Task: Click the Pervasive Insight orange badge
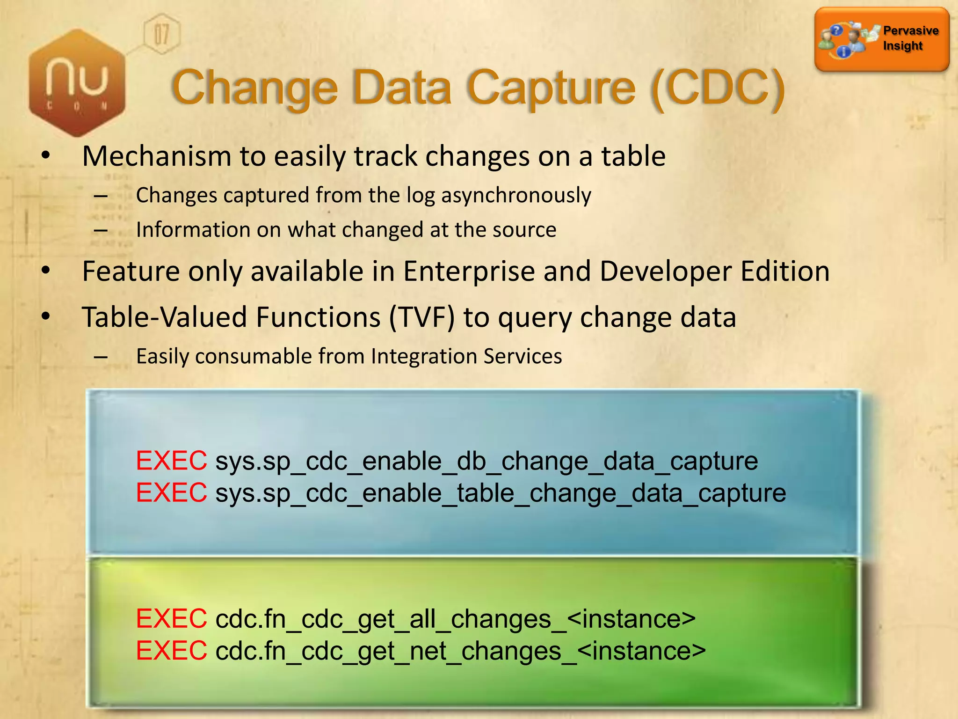click(882, 39)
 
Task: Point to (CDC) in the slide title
click(718, 88)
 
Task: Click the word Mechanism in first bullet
click(157, 156)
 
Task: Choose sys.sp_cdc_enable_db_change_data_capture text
click(486, 462)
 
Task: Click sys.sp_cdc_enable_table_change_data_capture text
click(501, 493)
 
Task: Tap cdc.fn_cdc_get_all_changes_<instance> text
click(455, 619)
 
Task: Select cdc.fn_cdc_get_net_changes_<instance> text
click(460, 651)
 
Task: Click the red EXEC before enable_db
click(171, 461)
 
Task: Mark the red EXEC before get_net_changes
click(171, 651)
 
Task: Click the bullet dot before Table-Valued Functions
click(45, 317)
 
